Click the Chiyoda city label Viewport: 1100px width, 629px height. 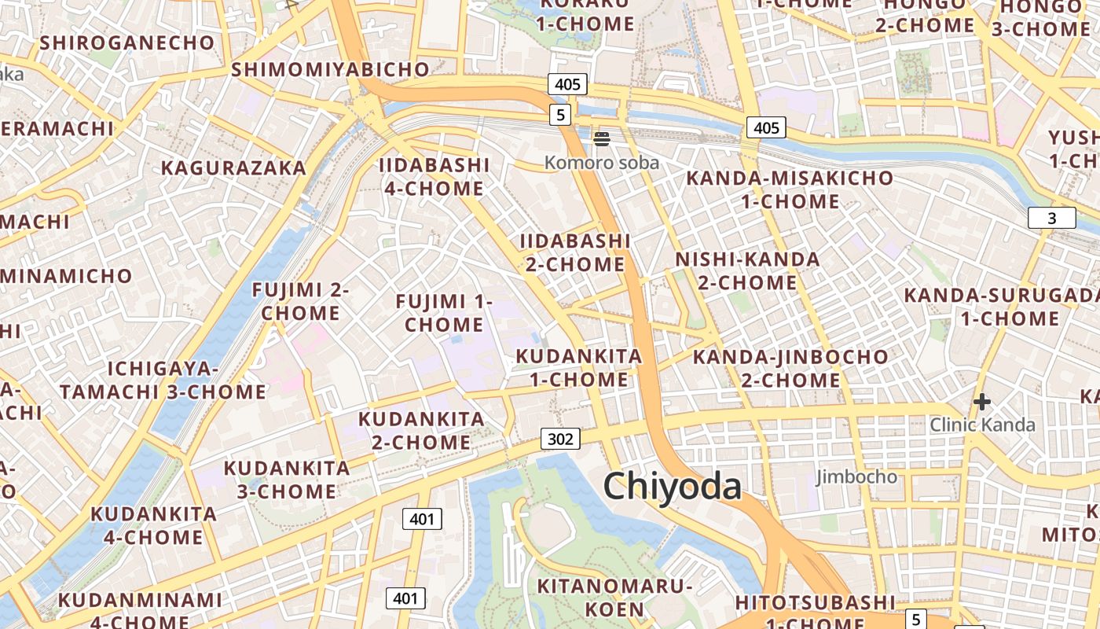coord(672,487)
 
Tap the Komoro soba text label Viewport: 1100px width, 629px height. coord(602,163)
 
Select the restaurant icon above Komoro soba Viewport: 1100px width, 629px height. coord(602,140)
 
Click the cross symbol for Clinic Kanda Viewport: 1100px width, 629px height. coord(981,403)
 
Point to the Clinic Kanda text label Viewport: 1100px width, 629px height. coord(982,425)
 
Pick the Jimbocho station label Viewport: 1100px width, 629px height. coord(856,476)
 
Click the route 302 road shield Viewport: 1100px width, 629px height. coord(560,439)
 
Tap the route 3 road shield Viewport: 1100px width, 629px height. coord(1051,219)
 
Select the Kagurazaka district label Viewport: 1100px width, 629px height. coord(233,168)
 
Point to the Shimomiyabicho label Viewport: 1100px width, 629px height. coord(331,69)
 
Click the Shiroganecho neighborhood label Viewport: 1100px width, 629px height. coord(127,42)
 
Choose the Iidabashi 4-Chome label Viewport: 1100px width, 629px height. coord(434,177)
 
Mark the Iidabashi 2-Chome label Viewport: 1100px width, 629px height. coord(575,252)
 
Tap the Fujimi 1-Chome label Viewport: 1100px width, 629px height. coord(444,313)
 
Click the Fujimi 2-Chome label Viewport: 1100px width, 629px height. coord(300,301)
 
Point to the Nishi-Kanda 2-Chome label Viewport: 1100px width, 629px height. coord(747,270)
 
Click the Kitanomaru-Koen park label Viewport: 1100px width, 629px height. coord(614,598)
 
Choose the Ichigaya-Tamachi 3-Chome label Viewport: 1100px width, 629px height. coord(163,381)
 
